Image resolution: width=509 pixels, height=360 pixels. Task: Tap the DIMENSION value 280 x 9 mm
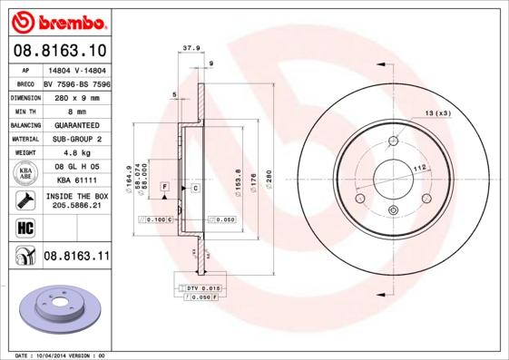76,95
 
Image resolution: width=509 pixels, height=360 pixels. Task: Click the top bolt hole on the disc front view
393,141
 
